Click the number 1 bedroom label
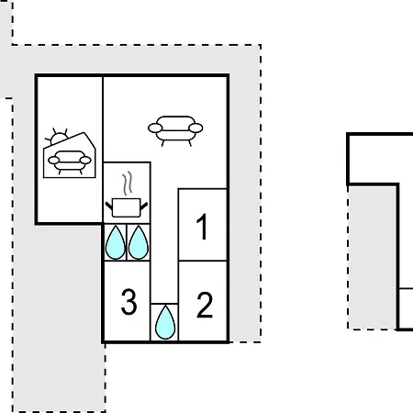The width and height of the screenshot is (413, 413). [202, 227]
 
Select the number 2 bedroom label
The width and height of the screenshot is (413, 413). [205, 305]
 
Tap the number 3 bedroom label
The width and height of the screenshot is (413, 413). [128, 302]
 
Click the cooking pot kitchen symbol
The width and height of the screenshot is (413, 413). [127, 207]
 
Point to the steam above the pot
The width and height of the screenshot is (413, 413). [128, 184]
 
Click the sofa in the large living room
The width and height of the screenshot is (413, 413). [175, 131]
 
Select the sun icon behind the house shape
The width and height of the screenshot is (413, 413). [57, 138]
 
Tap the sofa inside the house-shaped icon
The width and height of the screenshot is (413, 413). [70, 162]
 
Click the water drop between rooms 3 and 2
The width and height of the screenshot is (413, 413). [165, 322]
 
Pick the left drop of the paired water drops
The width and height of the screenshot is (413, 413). [116, 243]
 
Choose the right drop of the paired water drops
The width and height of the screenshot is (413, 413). [139, 243]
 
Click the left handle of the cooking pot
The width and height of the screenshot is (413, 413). [109, 206]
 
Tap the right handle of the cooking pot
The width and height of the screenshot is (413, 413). [144, 206]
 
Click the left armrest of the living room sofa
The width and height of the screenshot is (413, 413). [155, 128]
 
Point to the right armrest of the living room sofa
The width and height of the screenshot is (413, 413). [195, 128]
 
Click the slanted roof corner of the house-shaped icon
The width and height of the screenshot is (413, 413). [90, 140]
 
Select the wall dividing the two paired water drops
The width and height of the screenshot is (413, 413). [127, 242]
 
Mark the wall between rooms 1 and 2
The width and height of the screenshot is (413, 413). [203, 261]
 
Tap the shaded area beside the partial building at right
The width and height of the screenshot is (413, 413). [373, 257]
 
